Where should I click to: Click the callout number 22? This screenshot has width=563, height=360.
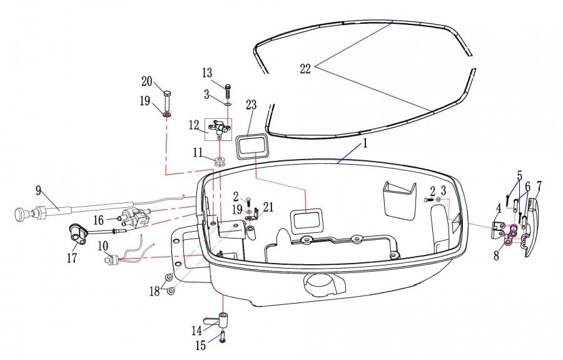coord(305,69)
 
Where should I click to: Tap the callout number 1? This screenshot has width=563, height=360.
coord(365,144)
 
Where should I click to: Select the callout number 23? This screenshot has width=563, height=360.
coord(251,105)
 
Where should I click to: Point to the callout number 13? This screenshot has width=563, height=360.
coord(207,73)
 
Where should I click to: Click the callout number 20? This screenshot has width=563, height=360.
coord(147,81)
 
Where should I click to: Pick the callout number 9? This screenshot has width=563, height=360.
coord(38,190)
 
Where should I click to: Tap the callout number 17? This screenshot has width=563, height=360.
coord(72,257)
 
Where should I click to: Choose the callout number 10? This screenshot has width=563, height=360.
coord(103,246)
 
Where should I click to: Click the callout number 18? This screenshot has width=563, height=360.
coord(155,291)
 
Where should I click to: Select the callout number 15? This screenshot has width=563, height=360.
coord(201,345)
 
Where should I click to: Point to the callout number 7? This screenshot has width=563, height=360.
coord(539,186)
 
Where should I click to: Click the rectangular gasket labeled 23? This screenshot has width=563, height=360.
coord(251,147)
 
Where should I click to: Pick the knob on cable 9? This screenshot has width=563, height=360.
coord(21,213)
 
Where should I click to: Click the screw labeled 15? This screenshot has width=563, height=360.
coord(223,337)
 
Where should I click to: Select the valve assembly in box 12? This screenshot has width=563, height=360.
coord(218,128)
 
